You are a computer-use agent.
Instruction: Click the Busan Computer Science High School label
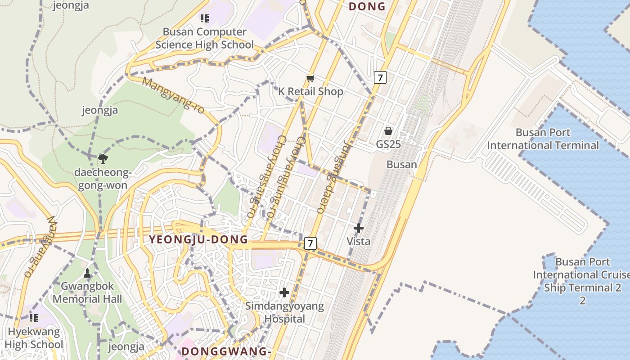[x=205, y=38]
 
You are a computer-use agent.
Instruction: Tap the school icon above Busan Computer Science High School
[x=205, y=18]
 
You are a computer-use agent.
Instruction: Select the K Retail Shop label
[x=310, y=91]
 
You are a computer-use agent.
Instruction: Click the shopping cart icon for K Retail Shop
[x=310, y=79]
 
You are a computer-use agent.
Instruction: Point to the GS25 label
[x=388, y=144]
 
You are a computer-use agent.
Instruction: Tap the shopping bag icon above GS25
[x=388, y=131]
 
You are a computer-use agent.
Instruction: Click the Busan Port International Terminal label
[x=543, y=139]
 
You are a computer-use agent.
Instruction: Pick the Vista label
[x=359, y=241]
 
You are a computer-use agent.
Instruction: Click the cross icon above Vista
[x=359, y=228]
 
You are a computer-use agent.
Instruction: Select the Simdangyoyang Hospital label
[x=284, y=312]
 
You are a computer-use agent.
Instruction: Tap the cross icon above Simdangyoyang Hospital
[x=284, y=292]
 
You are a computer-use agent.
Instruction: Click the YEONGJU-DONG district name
[x=198, y=239]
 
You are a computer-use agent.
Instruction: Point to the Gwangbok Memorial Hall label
[x=87, y=292]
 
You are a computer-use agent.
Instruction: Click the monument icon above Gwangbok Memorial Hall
[x=87, y=273]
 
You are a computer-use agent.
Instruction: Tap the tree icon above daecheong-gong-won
[x=103, y=158]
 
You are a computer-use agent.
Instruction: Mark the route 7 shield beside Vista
[x=310, y=243]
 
